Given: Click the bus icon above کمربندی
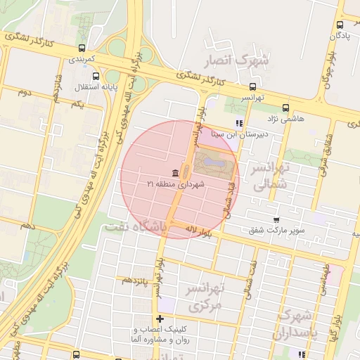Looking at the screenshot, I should coord(84,49).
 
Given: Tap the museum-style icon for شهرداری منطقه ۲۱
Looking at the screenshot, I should coord(174,173).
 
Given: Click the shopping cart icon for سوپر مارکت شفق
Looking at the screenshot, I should coord(276,219).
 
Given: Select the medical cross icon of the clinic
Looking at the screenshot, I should coord(160,319).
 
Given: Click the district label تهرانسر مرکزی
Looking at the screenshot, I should coord(204,297).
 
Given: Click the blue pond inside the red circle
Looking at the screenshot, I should coord(212,163).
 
